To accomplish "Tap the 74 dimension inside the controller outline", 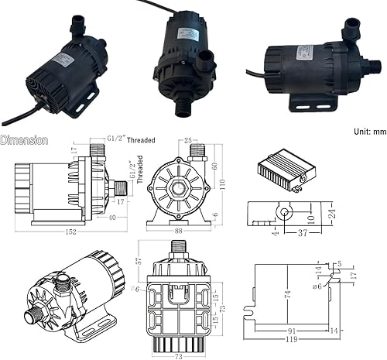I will tap(287, 294).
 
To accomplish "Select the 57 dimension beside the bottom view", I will tap(140, 259).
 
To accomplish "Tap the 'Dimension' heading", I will tap(25, 141).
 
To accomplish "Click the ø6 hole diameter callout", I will tap(317, 287).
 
